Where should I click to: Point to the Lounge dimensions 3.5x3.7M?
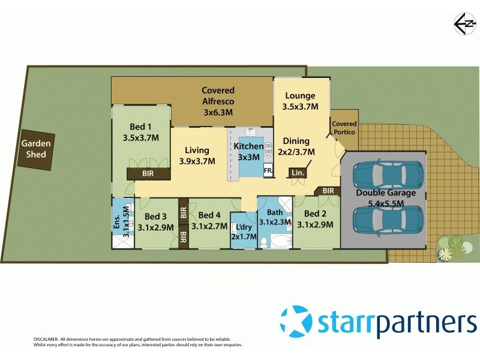[x=300, y=107]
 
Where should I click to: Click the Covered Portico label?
[x=344, y=128]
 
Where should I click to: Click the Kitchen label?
[x=248, y=146]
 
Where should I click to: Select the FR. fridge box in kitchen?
[x=268, y=172]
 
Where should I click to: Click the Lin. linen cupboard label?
[x=296, y=173]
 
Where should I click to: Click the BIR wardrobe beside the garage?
[x=328, y=191]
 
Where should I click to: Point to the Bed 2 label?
[x=314, y=214]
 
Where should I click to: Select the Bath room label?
[x=274, y=212]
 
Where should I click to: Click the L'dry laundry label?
[x=244, y=227]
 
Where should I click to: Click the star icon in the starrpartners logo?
[x=296, y=320]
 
